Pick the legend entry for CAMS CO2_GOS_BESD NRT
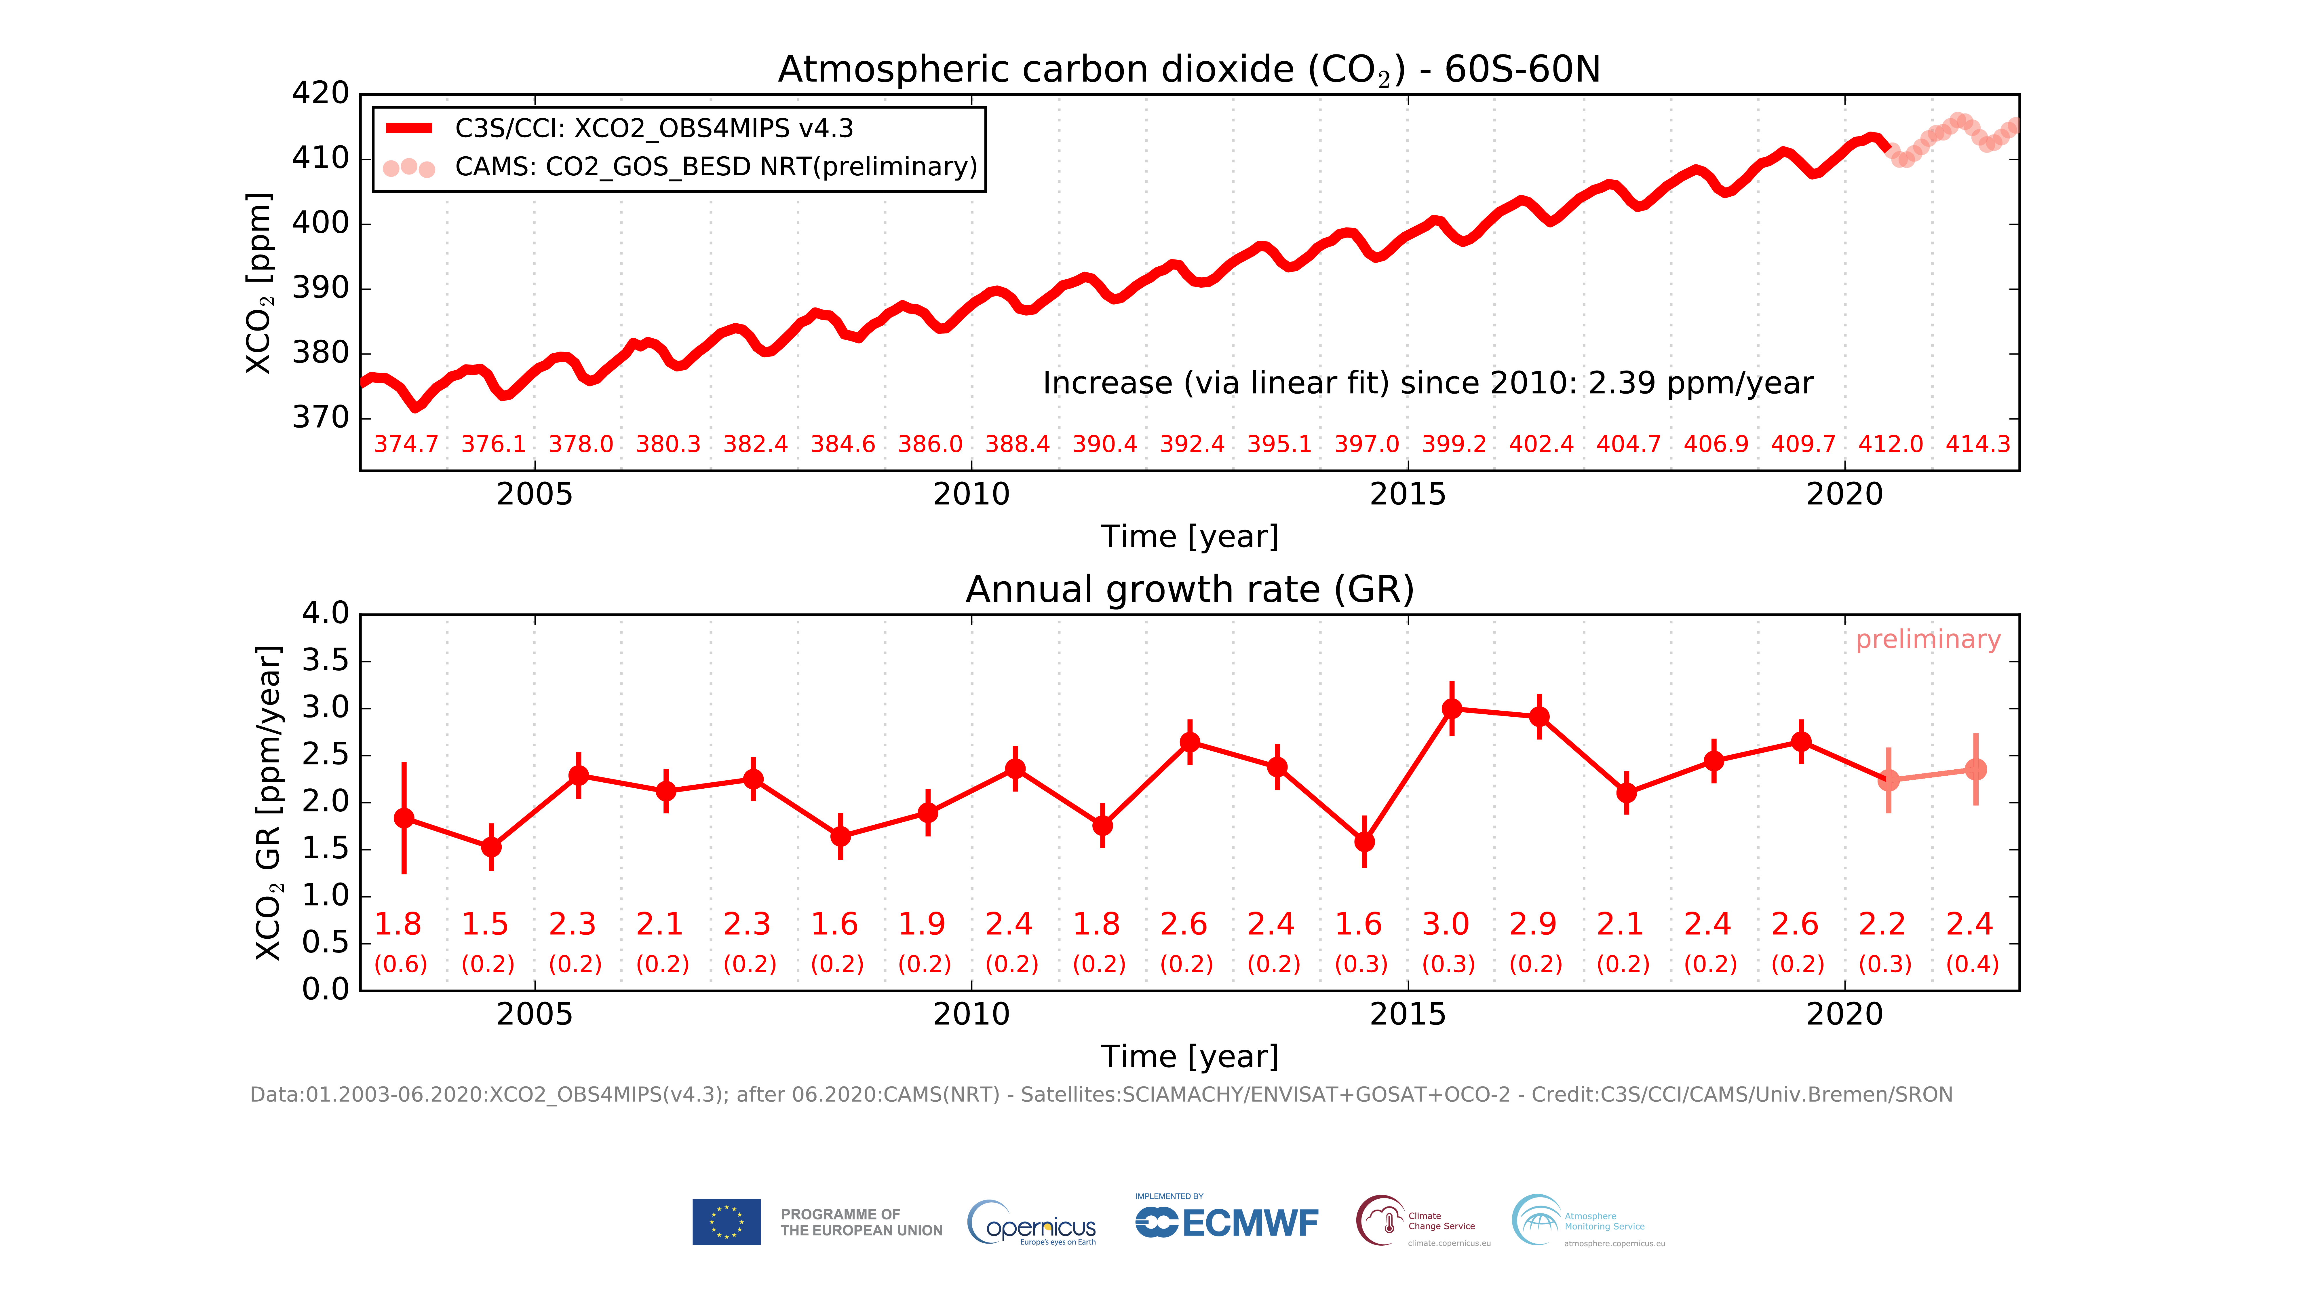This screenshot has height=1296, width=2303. (x=715, y=167)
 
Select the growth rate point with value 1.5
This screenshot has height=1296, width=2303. (x=491, y=846)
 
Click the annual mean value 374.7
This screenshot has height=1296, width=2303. (x=406, y=445)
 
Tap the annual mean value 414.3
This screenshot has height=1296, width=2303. (x=1977, y=445)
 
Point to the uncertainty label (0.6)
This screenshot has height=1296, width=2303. (x=400, y=964)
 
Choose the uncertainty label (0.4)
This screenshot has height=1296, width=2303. (x=1972, y=964)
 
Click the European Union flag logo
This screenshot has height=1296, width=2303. (x=726, y=1222)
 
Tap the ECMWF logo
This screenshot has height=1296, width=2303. (x=1226, y=1222)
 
